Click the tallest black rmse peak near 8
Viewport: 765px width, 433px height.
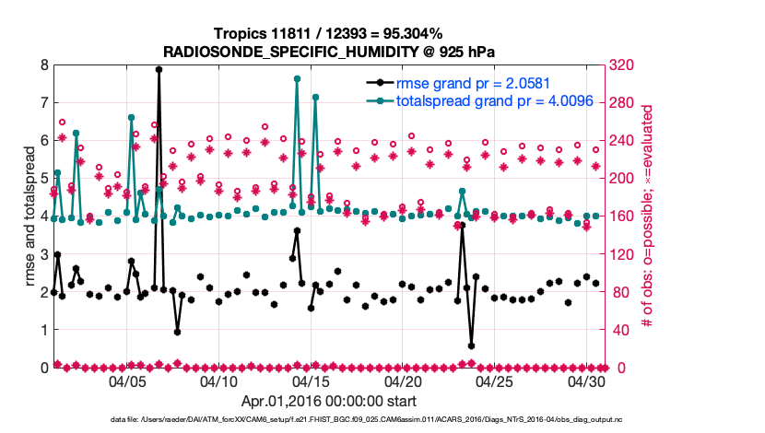(x=159, y=69)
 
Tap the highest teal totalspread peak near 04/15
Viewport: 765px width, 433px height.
(x=297, y=79)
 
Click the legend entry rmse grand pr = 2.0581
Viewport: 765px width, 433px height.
(x=464, y=83)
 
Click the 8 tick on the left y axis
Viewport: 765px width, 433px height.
(x=43, y=65)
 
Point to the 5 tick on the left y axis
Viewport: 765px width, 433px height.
(x=43, y=179)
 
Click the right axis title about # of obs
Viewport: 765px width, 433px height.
(x=648, y=216)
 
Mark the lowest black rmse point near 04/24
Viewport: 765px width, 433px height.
(x=471, y=345)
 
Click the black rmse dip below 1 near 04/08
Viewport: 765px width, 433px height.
(x=177, y=332)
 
